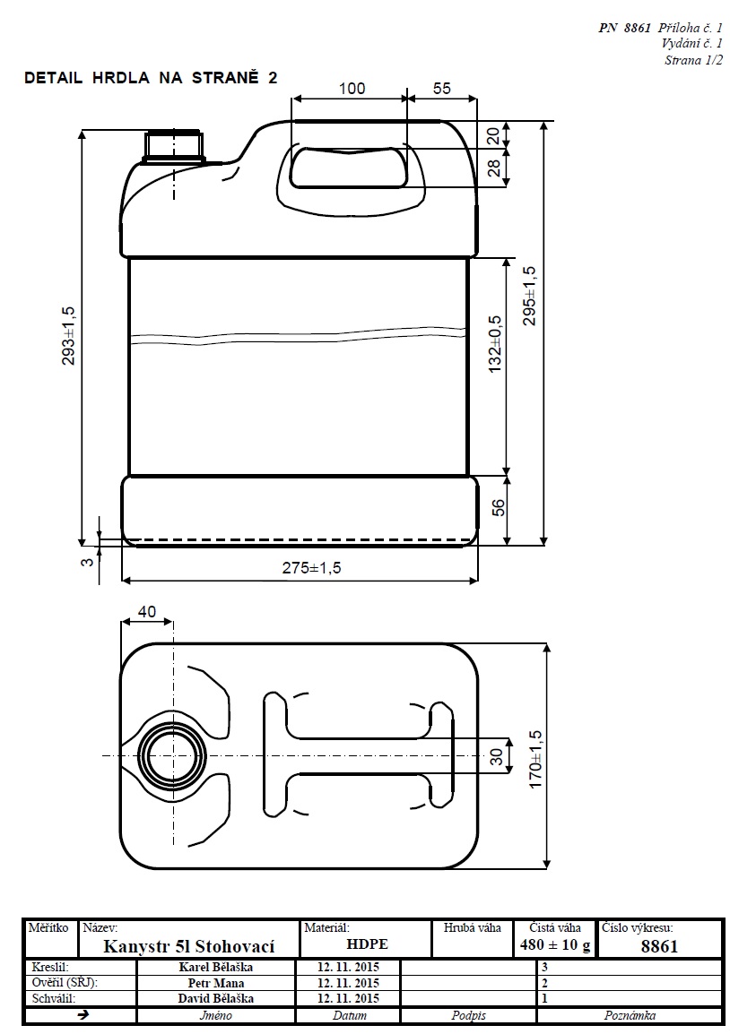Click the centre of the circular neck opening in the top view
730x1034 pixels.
coord(173,755)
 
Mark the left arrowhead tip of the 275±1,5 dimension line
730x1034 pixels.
coord(123,581)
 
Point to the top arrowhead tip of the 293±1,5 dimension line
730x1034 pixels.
coord(83,129)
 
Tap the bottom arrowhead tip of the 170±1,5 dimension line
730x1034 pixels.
coord(546,868)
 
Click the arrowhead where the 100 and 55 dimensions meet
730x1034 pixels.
coord(407,99)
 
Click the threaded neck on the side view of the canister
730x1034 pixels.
coord(173,146)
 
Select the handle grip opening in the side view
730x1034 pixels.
coord(348,168)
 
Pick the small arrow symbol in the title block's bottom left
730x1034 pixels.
coord(83,1015)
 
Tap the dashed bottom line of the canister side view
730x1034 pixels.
coord(300,539)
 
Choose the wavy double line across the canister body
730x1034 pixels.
coord(299,334)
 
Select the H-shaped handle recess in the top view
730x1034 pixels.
coord(359,753)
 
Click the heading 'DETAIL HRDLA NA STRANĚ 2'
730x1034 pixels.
coord(151,78)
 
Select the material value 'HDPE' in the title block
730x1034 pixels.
coord(367,944)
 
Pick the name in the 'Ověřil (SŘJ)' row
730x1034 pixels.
coord(216,983)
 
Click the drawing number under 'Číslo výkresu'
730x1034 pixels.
coord(659,946)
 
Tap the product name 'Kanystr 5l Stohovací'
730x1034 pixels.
coord(188,946)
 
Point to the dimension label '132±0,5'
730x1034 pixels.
coord(496,344)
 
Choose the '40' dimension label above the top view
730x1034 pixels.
coord(146,611)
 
